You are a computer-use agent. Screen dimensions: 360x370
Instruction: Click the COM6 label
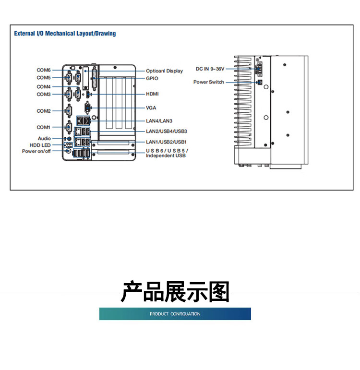pos(44,70)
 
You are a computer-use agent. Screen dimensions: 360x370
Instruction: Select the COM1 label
pos(43,127)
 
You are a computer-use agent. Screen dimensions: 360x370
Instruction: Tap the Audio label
pos(44,138)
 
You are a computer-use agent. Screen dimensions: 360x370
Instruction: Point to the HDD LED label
pos(40,145)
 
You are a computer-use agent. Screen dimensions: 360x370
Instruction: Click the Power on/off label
pos(36,151)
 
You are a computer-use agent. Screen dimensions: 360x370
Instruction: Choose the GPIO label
pos(152,78)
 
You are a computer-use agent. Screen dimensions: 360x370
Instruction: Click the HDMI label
pos(152,94)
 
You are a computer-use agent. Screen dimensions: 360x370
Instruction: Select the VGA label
pos(151,108)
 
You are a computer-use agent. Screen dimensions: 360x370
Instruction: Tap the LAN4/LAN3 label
pos(159,121)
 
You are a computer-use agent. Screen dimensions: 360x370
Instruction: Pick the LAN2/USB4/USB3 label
pos(167,131)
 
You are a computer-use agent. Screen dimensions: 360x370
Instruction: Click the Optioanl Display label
pos(164,71)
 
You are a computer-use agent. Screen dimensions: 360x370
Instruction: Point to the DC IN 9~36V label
pos(210,69)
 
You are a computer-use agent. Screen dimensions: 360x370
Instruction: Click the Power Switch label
pos(209,82)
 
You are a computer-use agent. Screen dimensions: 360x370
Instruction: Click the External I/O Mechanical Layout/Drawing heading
pos(65,33)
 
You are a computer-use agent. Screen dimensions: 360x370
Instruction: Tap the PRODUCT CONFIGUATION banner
pos(175,314)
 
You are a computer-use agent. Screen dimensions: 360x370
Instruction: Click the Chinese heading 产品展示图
pos(175,292)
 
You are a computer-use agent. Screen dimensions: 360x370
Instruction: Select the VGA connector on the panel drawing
pos(87,108)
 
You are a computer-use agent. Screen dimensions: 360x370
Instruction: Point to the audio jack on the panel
pos(69,139)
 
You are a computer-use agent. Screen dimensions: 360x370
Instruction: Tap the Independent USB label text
pos(166,155)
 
